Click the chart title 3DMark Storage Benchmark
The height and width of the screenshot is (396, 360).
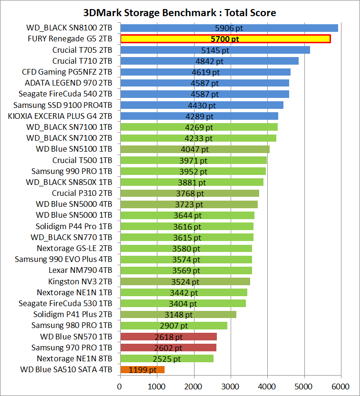tap(179, 12)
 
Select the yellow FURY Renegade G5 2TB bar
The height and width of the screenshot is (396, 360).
tap(225, 39)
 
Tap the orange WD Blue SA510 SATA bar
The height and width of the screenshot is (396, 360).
tap(142, 369)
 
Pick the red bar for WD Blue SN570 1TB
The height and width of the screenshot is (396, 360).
tap(168, 337)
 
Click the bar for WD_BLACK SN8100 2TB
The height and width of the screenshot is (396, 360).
tap(229, 28)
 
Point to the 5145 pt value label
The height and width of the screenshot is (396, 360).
tap(215, 50)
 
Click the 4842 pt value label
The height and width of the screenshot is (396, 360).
tap(209, 61)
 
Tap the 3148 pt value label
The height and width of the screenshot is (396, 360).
tap(178, 315)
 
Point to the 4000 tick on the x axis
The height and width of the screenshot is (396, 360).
tap(267, 386)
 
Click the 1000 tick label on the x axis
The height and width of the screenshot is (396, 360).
tap(156, 386)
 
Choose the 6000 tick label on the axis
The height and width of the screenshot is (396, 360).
tap(341, 386)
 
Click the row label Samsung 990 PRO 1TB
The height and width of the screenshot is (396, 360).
tap(72, 171)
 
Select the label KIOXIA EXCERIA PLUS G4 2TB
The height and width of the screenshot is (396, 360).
tap(60, 116)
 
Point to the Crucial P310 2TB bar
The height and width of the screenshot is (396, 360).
tap(189, 193)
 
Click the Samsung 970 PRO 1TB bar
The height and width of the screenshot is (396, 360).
tap(168, 348)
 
